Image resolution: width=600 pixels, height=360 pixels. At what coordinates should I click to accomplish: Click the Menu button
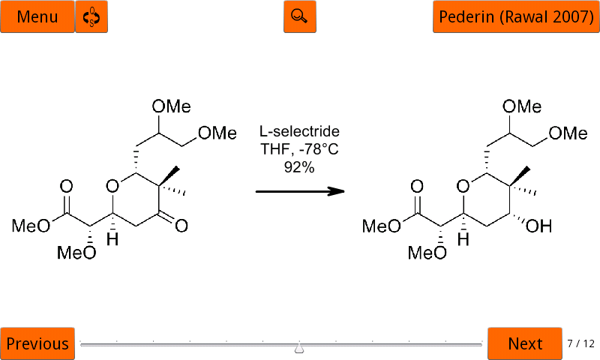tap(37, 16)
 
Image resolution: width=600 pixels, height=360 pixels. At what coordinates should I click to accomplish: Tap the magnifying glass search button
tap(299, 16)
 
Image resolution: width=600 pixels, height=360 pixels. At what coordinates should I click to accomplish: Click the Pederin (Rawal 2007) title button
tap(516, 16)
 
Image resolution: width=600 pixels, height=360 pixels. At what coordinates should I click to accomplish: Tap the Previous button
tap(37, 343)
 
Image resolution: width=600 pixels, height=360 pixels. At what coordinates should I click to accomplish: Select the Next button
tap(524, 343)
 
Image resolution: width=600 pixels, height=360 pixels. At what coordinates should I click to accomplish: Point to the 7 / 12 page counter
tap(580, 343)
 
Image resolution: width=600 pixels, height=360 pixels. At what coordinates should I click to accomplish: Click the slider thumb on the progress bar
tap(299, 348)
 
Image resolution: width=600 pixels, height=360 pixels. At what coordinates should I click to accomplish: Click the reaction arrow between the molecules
tap(300, 191)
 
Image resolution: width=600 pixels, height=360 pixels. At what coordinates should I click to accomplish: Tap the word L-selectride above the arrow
tap(299, 131)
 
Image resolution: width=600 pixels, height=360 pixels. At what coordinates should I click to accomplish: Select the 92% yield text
tap(299, 166)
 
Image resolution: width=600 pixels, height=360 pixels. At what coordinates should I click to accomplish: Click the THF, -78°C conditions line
tap(299, 148)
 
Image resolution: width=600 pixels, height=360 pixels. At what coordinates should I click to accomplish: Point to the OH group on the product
tap(538, 226)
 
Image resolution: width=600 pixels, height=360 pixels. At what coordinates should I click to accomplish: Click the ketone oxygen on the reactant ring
tap(181, 226)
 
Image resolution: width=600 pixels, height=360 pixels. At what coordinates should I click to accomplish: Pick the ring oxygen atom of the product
tap(463, 186)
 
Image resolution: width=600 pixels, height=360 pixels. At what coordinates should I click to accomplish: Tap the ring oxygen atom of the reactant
tap(112, 186)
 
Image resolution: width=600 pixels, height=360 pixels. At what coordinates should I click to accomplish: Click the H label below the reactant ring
tap(112, 239)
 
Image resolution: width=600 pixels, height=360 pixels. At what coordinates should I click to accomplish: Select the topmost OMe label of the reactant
tap(171, 106)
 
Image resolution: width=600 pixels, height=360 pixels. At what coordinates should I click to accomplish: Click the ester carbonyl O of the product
tap(417, 186)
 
